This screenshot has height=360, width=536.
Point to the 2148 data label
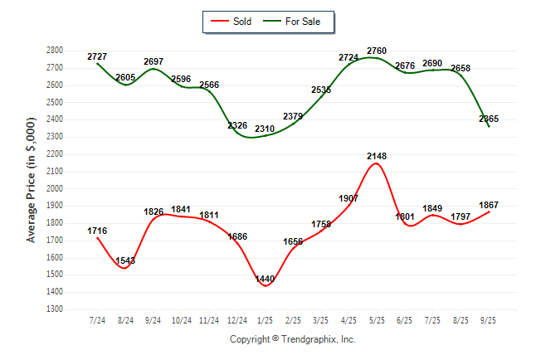click(x=377, y=156)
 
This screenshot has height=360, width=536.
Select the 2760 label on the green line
click(x=377, y=51)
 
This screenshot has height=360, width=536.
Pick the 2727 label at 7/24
click(x=98, y=56)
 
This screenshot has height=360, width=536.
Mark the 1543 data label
click(x=125, y=260)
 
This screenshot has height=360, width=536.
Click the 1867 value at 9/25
click(x=488, y=205)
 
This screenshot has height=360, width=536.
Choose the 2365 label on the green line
click(x=489, y=119)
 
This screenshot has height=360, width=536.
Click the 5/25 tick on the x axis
click(x=377, y=319)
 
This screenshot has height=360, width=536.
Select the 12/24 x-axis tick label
click(x=238, y=319)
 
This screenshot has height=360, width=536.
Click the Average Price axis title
click(x=32, y=180)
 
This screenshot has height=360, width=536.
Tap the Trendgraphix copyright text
click(x=292, y=339)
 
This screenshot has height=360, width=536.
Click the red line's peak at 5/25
click(x=377, y=164)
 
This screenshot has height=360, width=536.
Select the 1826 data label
click(x=154, y=212)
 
